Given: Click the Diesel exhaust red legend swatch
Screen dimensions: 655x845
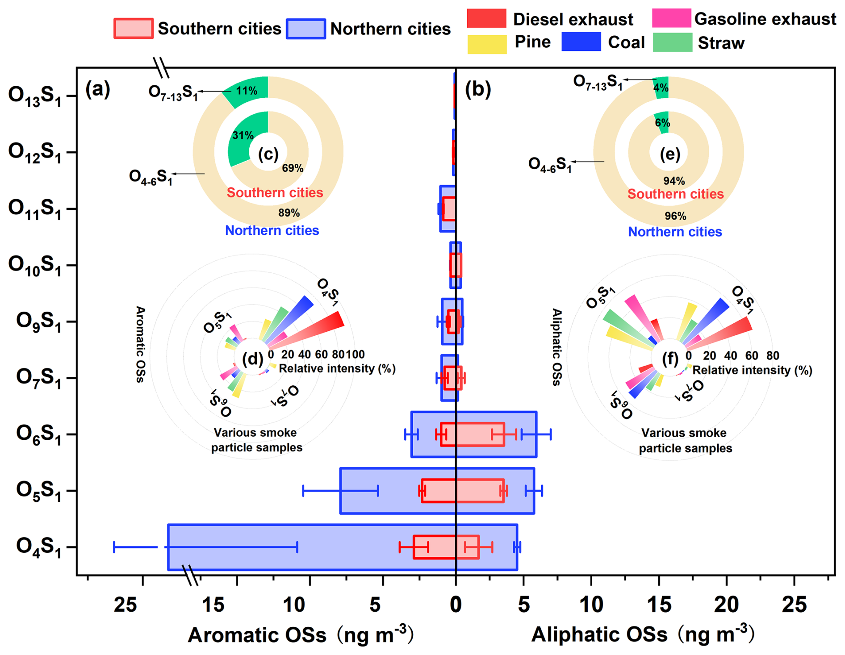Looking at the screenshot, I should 486,19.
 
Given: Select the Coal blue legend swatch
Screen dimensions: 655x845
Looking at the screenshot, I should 581,42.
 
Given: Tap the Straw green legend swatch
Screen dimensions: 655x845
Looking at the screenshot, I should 672,42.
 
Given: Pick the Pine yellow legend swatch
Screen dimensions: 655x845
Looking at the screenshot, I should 487,43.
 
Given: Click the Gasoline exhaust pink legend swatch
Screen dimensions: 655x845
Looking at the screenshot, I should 671,18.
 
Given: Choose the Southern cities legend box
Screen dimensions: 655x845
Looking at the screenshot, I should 134,29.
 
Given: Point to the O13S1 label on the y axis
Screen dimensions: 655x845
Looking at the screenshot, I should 35,96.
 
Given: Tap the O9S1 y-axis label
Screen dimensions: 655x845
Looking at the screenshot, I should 38,321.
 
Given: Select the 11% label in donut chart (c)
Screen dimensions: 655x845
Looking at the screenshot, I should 247,91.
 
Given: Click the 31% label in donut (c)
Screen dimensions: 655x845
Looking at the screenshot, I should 243,135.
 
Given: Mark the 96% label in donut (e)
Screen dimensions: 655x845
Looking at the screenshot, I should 675,216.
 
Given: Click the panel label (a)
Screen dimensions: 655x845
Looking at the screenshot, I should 98,90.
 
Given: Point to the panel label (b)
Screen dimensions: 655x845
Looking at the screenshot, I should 477,90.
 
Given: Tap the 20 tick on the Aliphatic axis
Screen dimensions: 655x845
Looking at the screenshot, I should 727,605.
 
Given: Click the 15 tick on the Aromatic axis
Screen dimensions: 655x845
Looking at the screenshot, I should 213,605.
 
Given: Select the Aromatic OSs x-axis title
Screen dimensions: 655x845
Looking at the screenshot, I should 257,634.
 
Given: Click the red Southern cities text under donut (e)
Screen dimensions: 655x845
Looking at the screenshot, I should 675,194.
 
